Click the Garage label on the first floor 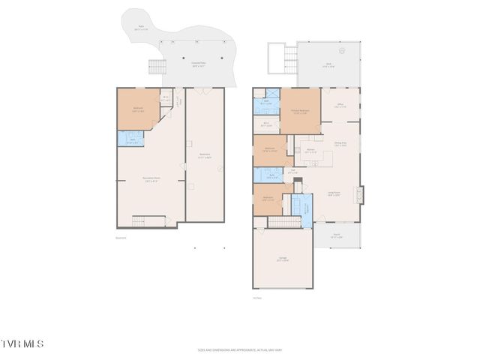pos(283,260)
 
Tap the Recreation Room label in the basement pos(151,178)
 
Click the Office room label pos(340,106)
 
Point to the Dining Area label pos(340,144)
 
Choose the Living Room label pos(333,193)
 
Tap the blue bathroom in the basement pos(130,139)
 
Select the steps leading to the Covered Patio pos(156,66)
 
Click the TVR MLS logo pos(22,343)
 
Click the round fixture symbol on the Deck pos(342,52)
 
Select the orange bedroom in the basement pos(138,109)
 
